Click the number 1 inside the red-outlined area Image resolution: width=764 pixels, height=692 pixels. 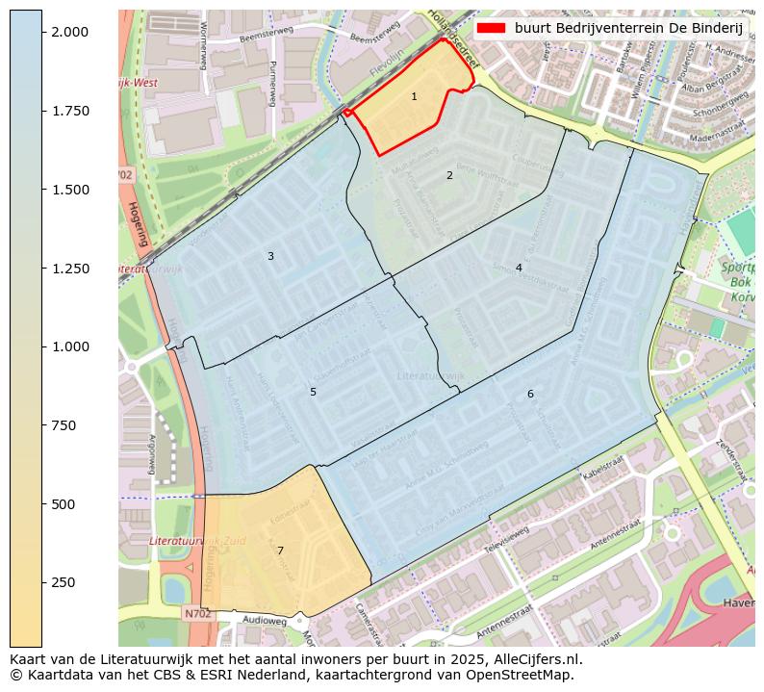tap(414, 96)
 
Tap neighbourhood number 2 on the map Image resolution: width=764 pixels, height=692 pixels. tap(448, 175)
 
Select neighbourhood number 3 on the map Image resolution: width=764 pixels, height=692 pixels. tap(270, 256)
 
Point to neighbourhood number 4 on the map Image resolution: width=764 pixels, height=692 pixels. tap(519, 268)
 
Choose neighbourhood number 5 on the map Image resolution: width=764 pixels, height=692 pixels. tap(313, 392)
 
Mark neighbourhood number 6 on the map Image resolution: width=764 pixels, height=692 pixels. tap(529, 395)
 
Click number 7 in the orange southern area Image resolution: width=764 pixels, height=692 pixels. tap(280, 551)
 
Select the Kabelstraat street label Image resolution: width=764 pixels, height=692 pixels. tap(603, 470)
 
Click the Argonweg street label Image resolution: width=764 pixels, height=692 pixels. tap(152, 452)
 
